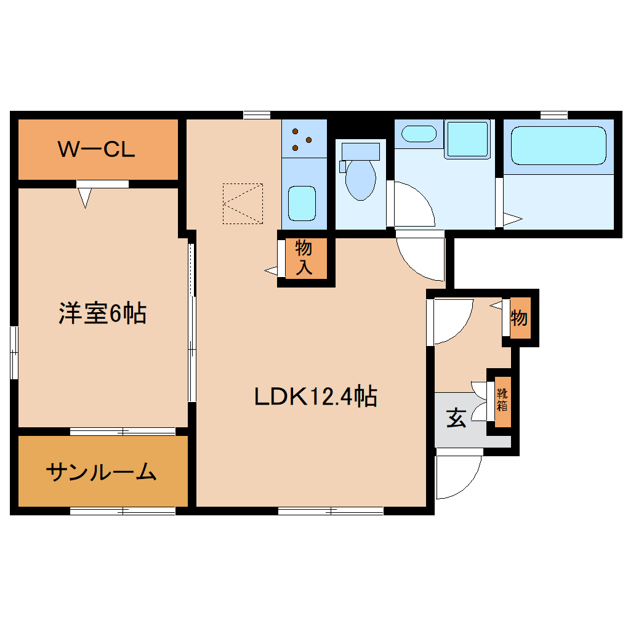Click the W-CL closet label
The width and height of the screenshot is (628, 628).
tap(96, 150)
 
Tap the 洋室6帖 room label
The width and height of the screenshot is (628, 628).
tap(102, 313)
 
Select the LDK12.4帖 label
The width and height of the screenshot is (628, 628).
tap(315, 397)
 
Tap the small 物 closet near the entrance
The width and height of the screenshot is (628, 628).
tap(519, 319)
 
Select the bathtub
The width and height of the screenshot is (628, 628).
tap(558, 145)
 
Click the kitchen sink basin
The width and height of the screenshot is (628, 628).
tap(302, 201)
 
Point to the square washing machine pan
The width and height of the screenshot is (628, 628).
tap(467, 139)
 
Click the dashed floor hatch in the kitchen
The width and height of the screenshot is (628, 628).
tap(243, 203)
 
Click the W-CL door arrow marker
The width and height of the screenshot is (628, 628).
tap(85, 197)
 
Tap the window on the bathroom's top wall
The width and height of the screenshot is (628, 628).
tap(554, 115)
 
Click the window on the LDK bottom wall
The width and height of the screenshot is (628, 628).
tap(330, 510)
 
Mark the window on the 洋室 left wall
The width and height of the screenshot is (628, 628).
tap(14, 352)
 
